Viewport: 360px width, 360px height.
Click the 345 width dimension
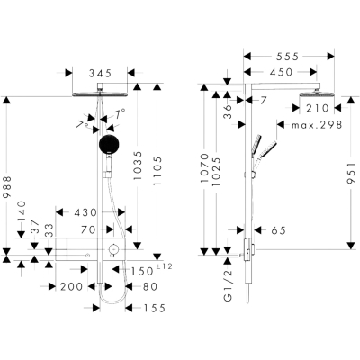point(100,73)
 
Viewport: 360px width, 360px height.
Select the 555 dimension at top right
point(287,57)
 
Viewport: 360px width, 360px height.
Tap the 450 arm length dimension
point(281,72)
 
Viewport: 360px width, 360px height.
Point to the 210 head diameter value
point(318,108)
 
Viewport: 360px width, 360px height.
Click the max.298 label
point(317,124)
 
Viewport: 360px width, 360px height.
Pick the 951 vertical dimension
point(351,174)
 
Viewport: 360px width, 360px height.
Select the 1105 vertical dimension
point(157,171)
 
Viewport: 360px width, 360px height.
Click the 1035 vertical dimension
point(137,166)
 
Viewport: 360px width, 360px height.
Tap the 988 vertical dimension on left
point(6,186)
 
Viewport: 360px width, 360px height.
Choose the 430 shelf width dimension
point(85,212)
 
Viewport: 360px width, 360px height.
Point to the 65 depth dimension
point(279,230)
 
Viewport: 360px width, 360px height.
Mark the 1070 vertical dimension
point(204,168)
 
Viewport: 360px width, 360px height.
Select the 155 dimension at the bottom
point(155,308)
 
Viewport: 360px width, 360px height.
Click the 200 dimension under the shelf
point(71,287)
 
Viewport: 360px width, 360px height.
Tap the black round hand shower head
point(110,144)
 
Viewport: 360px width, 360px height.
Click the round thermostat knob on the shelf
point(113,249)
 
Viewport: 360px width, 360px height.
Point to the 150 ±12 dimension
point(151,269)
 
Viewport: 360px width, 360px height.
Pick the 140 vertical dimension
point(22,211)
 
